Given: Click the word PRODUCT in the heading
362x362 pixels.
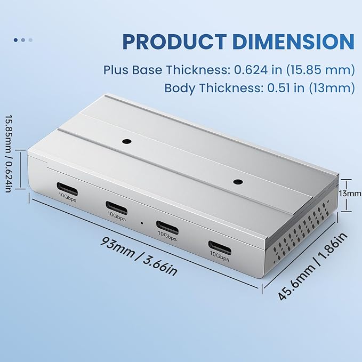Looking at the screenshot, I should click(x=169, y=42).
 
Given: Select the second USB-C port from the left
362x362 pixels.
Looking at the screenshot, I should click(x=116, y=206).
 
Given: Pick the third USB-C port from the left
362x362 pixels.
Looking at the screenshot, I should click(x=166, y=224).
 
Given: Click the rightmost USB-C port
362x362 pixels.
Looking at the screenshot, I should click(x=219, y=246).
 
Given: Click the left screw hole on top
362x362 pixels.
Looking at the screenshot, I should click(x=126, y=142).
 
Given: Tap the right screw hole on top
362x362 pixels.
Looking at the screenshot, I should click(x=237, y=181).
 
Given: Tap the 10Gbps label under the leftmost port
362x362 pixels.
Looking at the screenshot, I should click(x=68, y=196).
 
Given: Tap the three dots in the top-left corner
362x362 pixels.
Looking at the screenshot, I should click(x=23, y=39).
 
